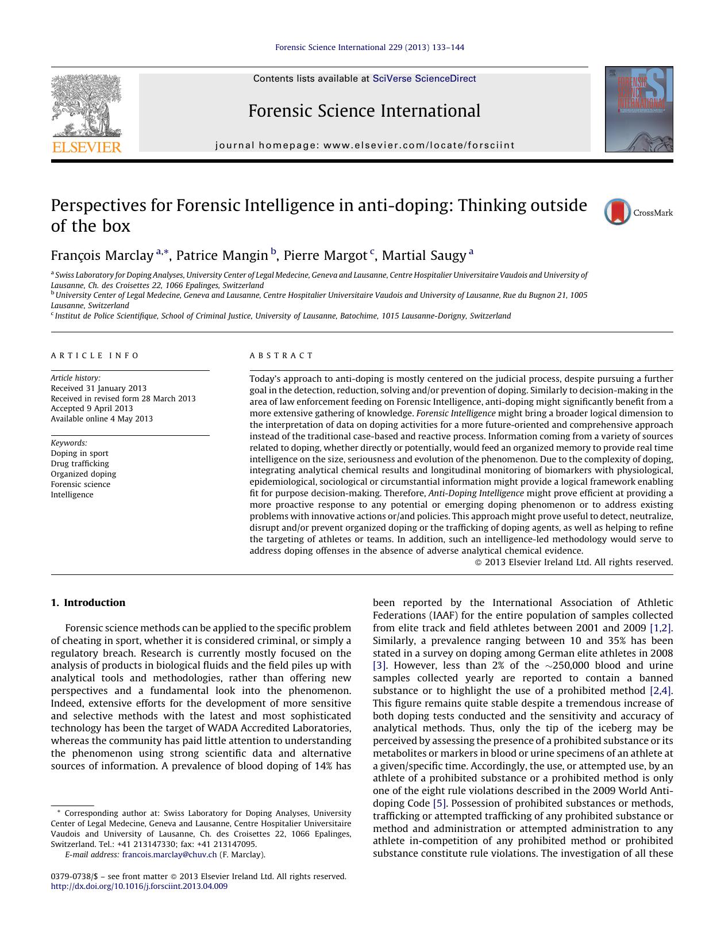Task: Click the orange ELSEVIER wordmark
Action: (x=87, y=147)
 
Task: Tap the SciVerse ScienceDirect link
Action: (x=424, y=79)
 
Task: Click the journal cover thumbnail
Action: (x=638, y=109)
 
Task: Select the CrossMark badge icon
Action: (x=618, y=212)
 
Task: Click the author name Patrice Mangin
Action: (x=222, y=255)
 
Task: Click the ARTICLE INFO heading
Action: (x=95, y=356)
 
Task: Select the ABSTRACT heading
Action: (x=282, y=356)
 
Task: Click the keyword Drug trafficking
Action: (x=80, y=463)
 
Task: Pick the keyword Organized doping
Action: (x=83, y=474)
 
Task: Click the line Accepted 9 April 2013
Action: (x=92, y=408)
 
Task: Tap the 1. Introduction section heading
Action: (x=88, y=603)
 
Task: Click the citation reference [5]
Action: (x=440, y=803)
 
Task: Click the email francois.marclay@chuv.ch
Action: (x=169, y=854)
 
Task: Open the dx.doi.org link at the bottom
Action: (x=139, y=887)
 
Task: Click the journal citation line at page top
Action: (x=369, y=47)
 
